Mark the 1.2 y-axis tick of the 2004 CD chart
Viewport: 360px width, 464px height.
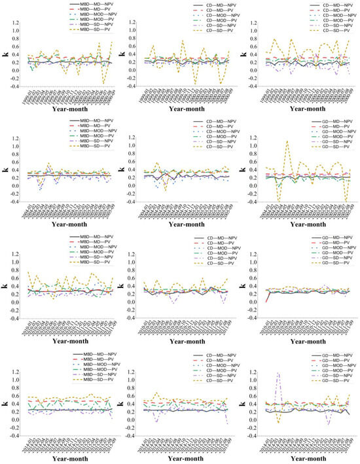click(x=133, y=137)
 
